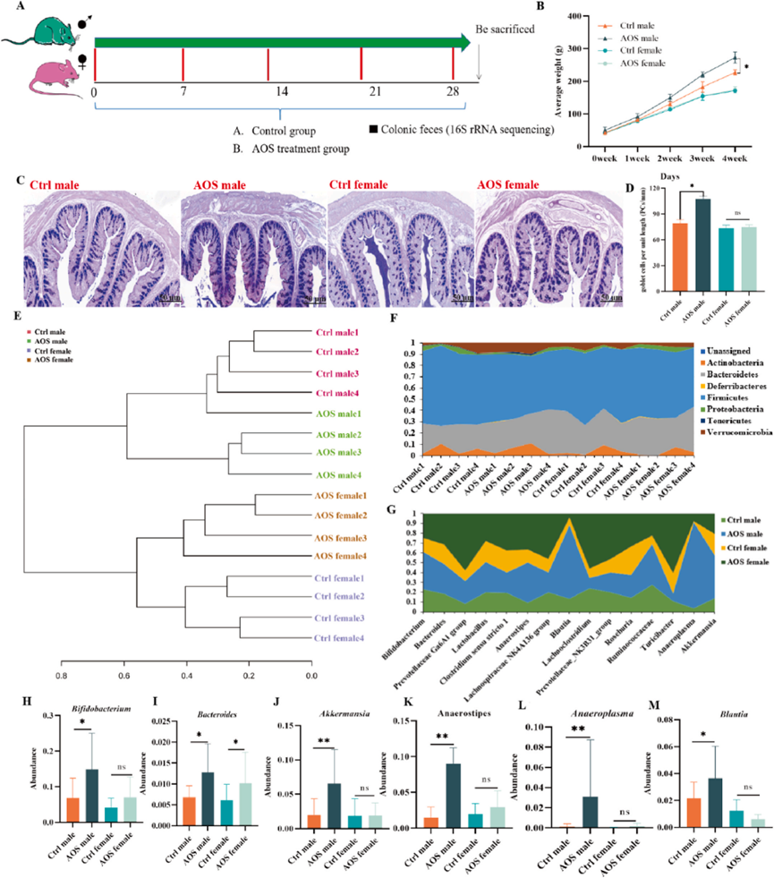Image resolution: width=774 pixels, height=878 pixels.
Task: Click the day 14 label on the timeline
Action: tap(280, 92)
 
